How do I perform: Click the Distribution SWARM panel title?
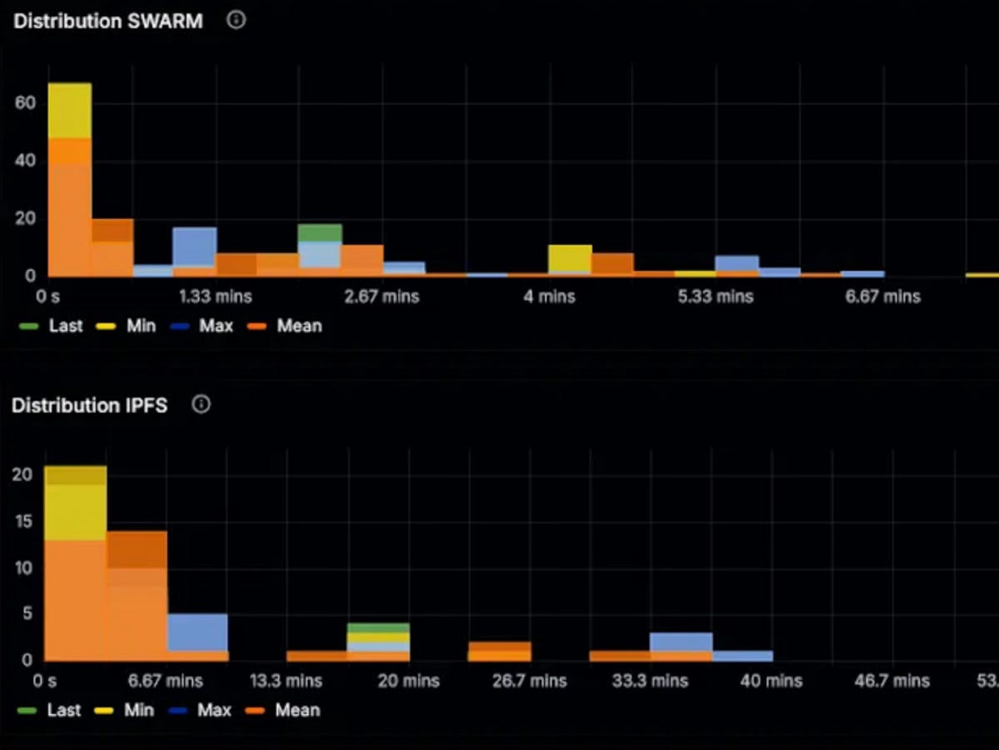pyautogui.click(x=107, y=22)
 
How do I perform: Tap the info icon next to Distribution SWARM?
pyautogui.click(x=236, y=21)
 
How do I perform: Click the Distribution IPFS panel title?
pyautogui.click(x=89, y=406)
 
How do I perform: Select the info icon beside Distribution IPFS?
pyautogui.click(x=201, y=405)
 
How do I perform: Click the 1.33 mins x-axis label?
pyautogui.click(x=216, y=297)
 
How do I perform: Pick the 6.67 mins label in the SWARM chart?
pyautogui.click(x=882, y=297)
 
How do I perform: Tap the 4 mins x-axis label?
pyautogui.click(x=549, y=297)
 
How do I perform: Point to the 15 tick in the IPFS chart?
pyautogui.click(x=25, y=522)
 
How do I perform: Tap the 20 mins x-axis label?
pyautogui.click(x=409, y=682)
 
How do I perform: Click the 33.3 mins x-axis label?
pyautogui.click(x=651, y=682)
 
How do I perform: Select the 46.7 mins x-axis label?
pyautogui.click(x=892, y=682)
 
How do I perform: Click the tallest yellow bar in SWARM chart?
pyautogui.click(x=70, y=110)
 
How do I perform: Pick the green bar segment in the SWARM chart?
pyautogui.click(x=321, y=233)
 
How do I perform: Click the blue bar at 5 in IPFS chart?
pyautogui.click(x=197, y=632)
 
